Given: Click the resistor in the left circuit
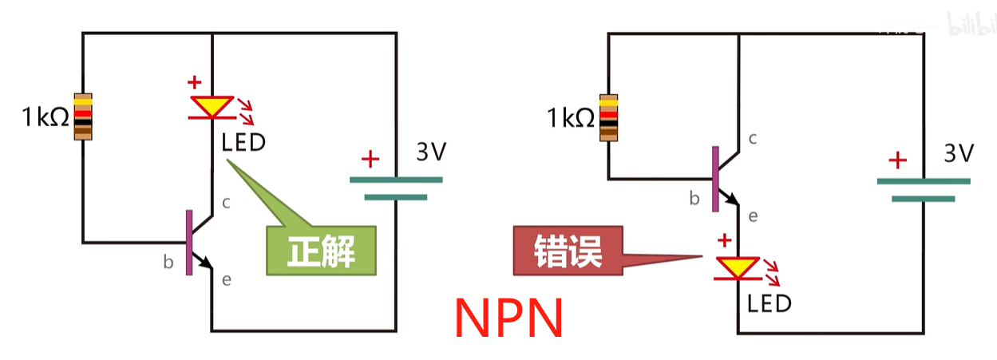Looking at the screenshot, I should click(x=83, y=117).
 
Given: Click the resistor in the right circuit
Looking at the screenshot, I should click(x=609, y=117).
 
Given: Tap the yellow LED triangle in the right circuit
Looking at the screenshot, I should click(x=738, y=267).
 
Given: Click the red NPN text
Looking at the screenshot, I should click(x=509, y=317).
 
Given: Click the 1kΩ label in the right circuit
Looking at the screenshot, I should click(x=571, y=119).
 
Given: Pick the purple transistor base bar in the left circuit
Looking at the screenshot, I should click(x=189, y=243).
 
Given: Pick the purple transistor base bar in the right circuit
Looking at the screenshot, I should click(x=715, y=178).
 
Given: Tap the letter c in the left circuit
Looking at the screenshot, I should click(x=226, y=203).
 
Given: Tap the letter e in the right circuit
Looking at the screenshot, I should click(x=753, y=216).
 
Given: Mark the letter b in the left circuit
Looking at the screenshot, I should click(x=168, y=261).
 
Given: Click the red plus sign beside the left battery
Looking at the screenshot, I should click(x=370, y=159).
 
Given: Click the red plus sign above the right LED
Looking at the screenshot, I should click(x=725, y=239).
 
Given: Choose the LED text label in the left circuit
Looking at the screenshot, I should click(x=243, y=144).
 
